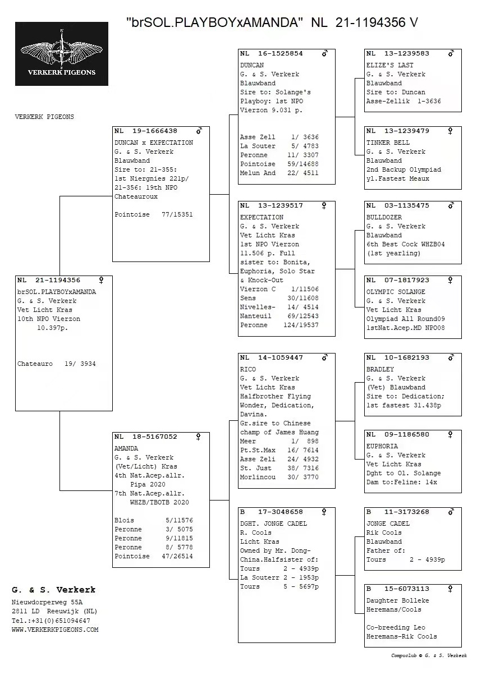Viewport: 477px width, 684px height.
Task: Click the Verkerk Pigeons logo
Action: [x=62, y=53]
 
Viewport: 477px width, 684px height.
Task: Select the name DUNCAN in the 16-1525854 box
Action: [x=252, y=65]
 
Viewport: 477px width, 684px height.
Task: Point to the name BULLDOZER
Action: [x=384, y=217]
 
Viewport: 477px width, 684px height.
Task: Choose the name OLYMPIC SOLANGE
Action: [x=396, y=292]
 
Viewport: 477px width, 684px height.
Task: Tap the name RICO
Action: [x=247, y=369]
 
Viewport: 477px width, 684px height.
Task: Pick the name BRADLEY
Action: [x=380, y=369]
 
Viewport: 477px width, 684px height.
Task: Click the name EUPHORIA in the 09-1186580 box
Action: [x=382, y=446]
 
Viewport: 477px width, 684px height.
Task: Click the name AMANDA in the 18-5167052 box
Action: [x=126, y=448]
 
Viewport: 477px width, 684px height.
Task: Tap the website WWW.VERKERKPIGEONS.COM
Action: [x=55, y=630]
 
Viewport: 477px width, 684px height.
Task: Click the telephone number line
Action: [x=51, y=621]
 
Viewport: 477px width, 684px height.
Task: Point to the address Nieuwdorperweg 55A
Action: [x=47, y=602]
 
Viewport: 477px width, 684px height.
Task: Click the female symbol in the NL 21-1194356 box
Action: [x=102, y=280]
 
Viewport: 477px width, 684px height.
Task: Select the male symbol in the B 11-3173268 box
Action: [x=451, y=512]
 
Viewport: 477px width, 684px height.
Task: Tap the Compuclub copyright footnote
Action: [x=429, y=655]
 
